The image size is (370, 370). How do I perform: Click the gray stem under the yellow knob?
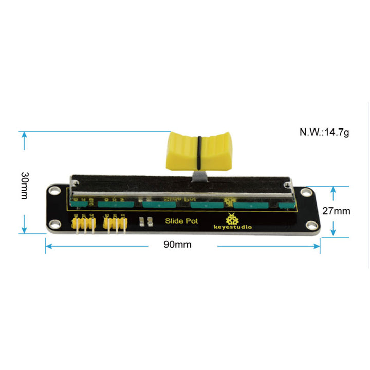(198, 177)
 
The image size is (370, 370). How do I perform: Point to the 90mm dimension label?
(177, 245)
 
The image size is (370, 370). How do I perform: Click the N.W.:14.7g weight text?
(324, 132)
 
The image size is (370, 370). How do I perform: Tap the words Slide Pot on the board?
(177, 220)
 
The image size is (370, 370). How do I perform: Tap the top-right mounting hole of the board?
(307, 192)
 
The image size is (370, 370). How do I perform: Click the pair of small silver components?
(145, 221)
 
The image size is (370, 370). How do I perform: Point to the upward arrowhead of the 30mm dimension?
(24, 135)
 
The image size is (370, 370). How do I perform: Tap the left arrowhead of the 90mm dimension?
(48, 246)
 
